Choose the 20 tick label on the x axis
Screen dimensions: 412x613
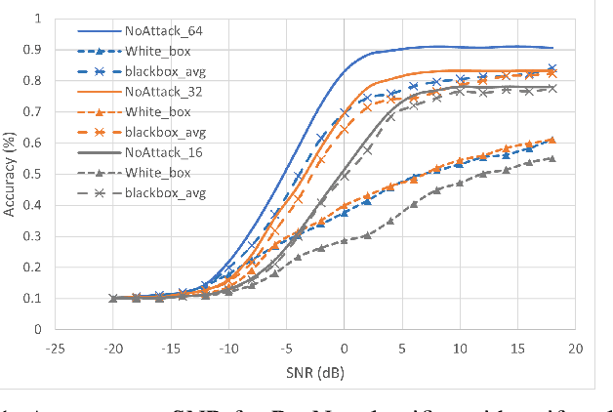(x=575, y=348)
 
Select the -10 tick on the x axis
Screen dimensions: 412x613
(x=228, y=348)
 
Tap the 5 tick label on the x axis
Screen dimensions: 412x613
(x=402, y=348)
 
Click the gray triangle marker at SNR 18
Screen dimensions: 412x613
(x=552, y=158)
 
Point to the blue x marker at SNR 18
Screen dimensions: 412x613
(x=552, y=68)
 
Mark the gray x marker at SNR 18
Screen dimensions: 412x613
(x=552, y=88)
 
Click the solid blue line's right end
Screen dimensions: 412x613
(x=552, y=48)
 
